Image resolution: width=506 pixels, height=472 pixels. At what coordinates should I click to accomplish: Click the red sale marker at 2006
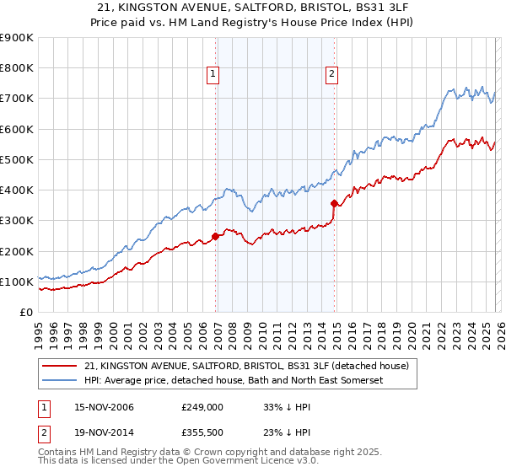point(216,236)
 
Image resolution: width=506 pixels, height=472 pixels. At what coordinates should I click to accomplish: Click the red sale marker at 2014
point(335,203)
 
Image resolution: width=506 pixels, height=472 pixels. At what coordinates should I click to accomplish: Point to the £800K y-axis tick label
point(16,68)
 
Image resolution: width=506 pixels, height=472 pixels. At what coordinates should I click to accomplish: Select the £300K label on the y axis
point(16,221)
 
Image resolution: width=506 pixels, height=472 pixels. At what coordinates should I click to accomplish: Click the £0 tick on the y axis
point(25,313)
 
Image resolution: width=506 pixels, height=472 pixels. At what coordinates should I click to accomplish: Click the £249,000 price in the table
point(202,407)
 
